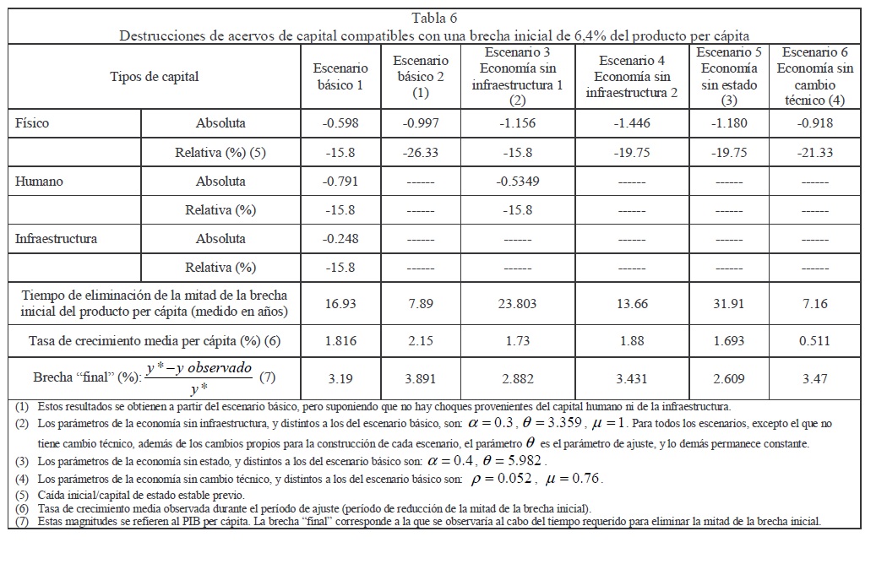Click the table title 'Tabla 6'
(436, 19)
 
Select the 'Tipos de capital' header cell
(155, 77)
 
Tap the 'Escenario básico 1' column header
(340, 77)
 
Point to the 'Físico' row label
(33, 123)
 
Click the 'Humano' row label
(39, 182)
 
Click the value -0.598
(340, 123)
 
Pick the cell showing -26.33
(420, 153)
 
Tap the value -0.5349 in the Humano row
(517, 182)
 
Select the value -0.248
(340, 239)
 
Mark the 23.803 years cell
(517, 304)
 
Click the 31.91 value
(728, 304)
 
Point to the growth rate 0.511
(815, 341)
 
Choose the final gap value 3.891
(420, 377)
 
